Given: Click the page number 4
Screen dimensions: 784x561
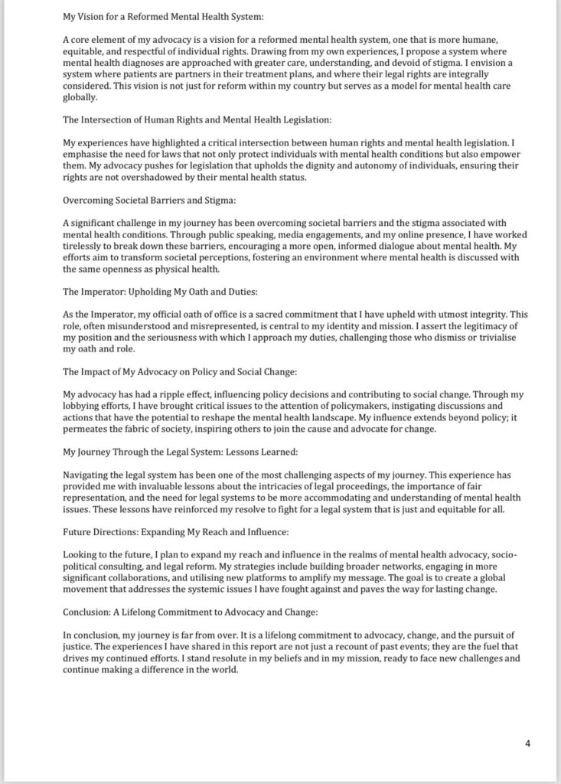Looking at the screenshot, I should (527, 742).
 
